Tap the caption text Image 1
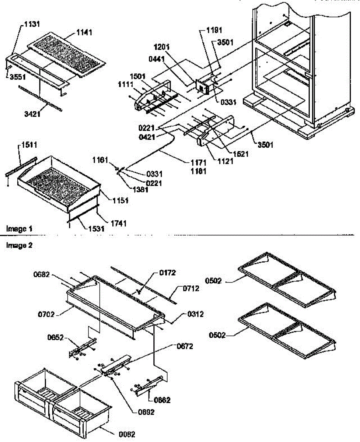click(x=18, y=229)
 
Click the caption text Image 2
click(x=18, y=245)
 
